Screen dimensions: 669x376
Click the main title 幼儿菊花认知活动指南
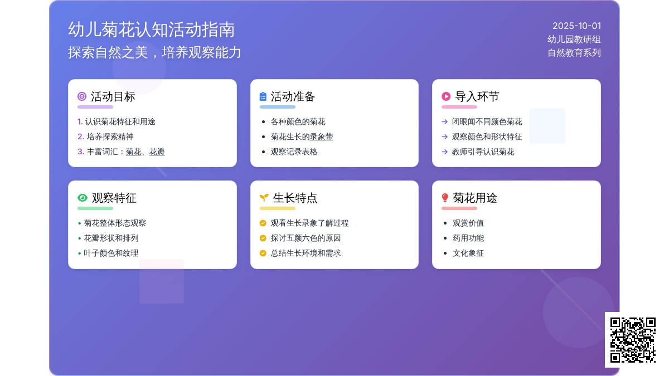pos(152,30)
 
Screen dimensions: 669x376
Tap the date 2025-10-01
pos(576,26)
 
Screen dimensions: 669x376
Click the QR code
pos(633,340)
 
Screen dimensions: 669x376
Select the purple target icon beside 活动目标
pos(82,96)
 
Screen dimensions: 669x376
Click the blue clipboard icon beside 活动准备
pos(263,96)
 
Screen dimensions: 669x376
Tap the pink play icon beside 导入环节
pos(446,96)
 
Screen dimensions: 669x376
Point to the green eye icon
pos(83,198)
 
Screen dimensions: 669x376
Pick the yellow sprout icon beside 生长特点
pos(264,198)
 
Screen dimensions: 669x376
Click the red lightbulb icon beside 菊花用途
pos(445,198)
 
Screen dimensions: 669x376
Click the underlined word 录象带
pos(321,136)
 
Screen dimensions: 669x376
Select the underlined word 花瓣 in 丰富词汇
pos(157,152)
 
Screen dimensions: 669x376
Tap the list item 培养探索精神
pos(110,136)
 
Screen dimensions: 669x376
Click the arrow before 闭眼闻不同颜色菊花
pos(445,122)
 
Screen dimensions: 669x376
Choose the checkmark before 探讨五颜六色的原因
pos(263,238)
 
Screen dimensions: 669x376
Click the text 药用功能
pos(468,238)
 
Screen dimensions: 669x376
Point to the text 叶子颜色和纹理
pos(111,253)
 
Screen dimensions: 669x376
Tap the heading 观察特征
pos(114,198)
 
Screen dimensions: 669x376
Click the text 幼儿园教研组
pos(574,40)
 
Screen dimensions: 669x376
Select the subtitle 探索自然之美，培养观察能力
pos(154,52)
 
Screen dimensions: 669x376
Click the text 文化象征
pos(468,253)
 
